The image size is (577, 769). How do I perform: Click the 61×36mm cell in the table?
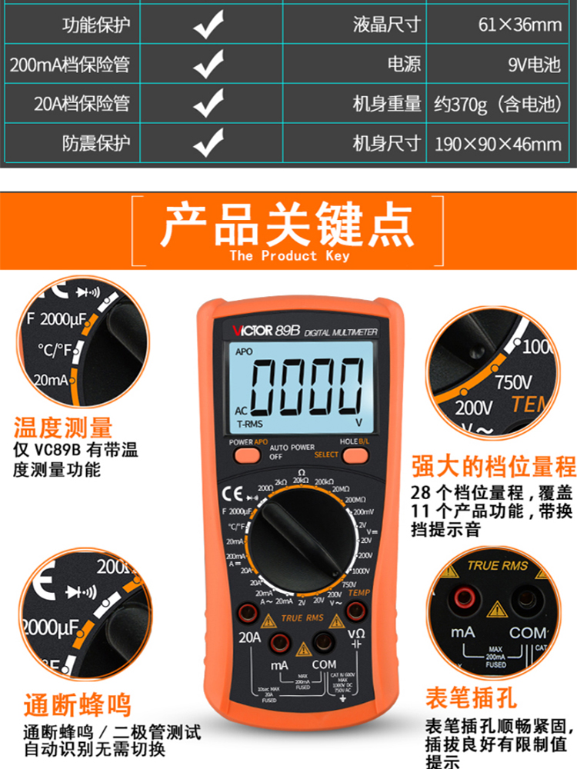[520, 25]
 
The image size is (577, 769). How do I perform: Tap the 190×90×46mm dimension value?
[499, 143]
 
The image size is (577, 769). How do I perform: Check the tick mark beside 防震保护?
[208, 143]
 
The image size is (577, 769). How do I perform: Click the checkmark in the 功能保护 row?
[208, 26]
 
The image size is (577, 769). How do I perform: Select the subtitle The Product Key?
[288, 255]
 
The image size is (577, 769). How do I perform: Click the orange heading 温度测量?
[63, 428]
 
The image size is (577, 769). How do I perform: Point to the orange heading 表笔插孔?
[471, 697]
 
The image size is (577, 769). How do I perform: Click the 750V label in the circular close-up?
[513, 381]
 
